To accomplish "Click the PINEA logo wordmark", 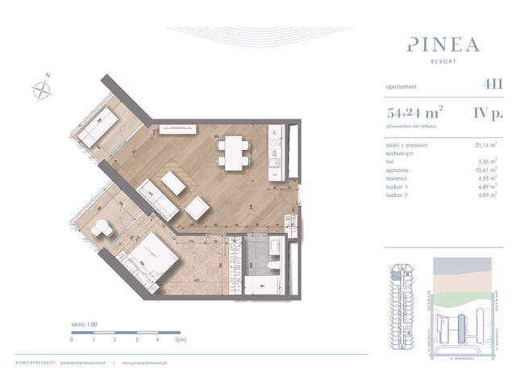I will click(x=433, y=42).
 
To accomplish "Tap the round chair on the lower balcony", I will click(x=101, y=228).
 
